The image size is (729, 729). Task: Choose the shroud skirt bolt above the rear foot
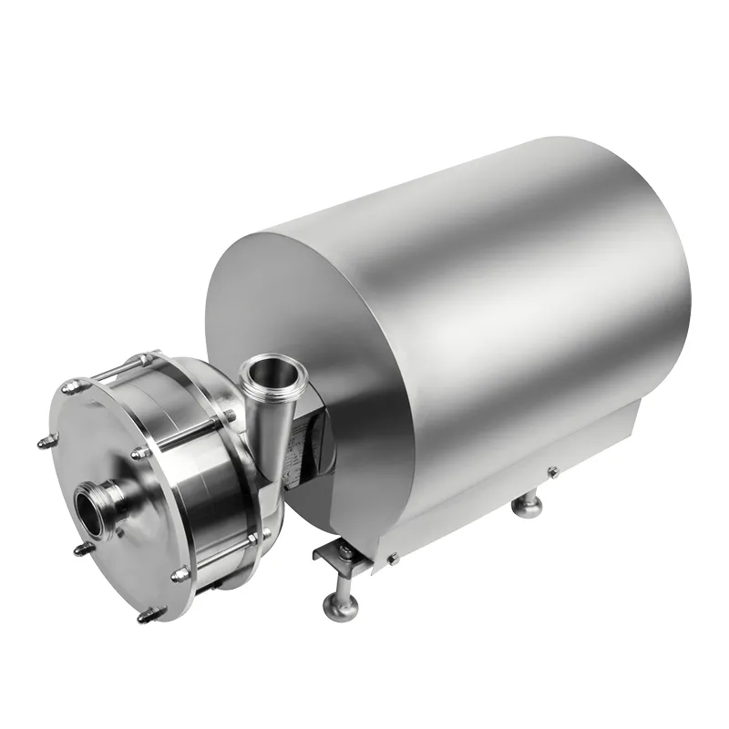553,471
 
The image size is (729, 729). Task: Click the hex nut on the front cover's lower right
180,573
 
